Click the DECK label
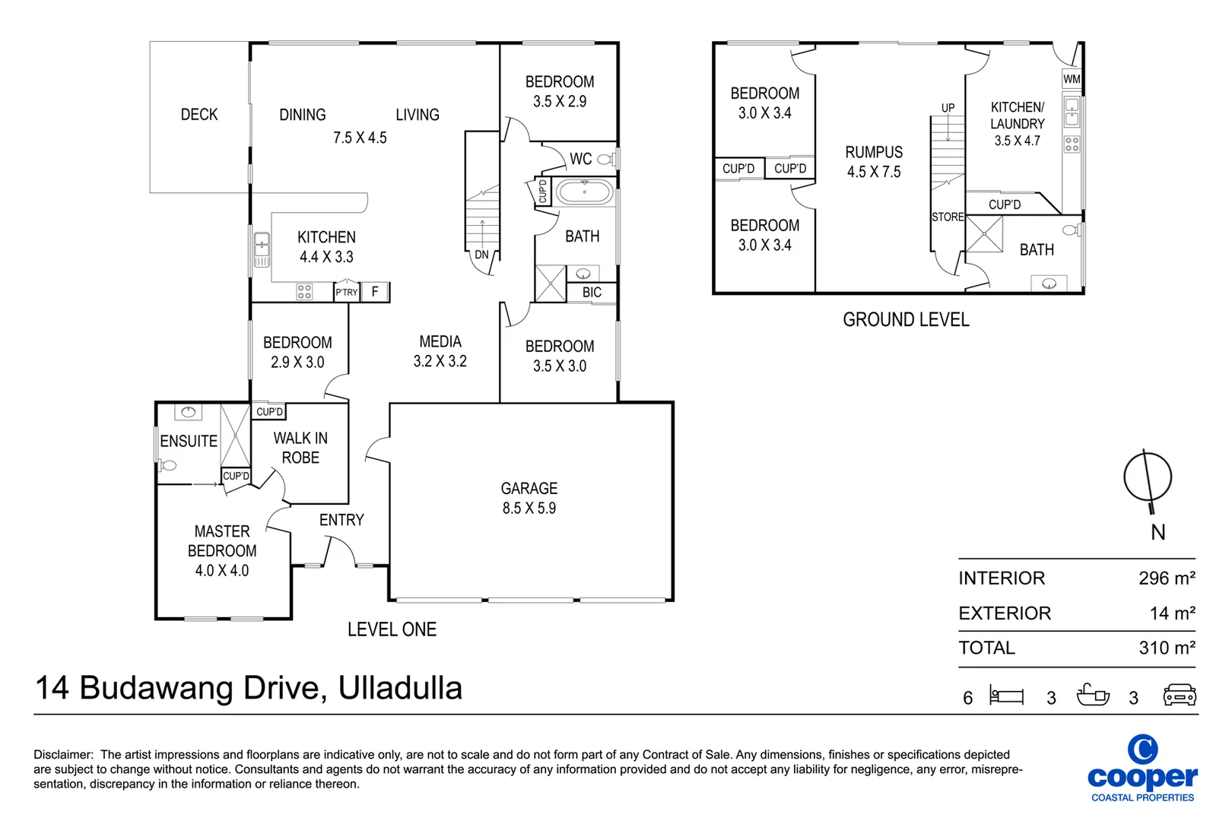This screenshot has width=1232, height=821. (199, 115)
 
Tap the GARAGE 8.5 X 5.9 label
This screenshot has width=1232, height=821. (529, 498)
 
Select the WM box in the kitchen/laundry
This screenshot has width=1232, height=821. (1072, 79)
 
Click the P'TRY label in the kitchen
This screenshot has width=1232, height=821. (346, 292)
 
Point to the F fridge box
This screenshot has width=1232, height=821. (375, 292)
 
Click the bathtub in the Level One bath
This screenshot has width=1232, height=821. (584, 192)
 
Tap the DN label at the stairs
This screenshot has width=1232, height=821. (481, 255)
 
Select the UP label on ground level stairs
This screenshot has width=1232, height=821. (948, 108)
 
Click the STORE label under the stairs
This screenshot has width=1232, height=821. (948, 217)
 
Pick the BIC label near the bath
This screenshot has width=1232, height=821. (592, 293)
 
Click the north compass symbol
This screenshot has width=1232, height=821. (1148, 478)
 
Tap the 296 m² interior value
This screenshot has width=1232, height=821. (1166, 579)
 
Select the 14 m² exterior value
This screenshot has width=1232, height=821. (1171, 613)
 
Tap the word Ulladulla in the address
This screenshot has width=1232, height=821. (400, 688)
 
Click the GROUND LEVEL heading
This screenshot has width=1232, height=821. (906, 320)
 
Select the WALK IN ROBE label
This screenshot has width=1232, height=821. (300, 448)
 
